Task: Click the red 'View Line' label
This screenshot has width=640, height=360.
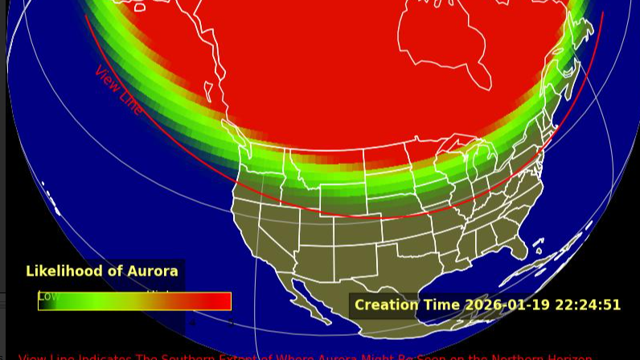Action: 119,89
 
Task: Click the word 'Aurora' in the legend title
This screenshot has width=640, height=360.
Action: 150,272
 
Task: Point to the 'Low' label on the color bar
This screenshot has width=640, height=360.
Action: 48,297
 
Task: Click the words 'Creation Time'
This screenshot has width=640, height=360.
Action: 407,305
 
